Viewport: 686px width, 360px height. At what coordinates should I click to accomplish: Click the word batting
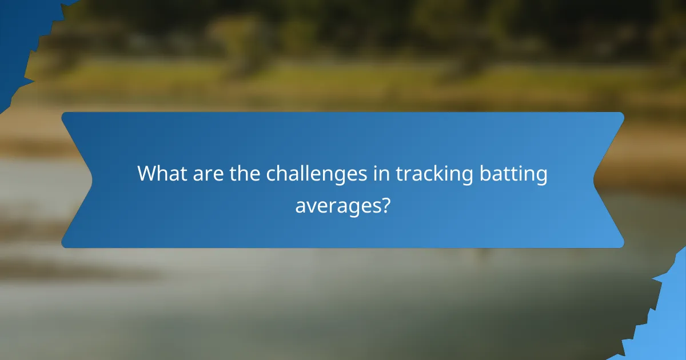pos(517,174)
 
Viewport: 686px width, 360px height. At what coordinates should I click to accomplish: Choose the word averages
pos(337,204)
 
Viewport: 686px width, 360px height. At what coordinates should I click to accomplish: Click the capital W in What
pos(147,174)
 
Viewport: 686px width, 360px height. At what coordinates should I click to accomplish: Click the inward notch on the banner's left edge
pos(91,180)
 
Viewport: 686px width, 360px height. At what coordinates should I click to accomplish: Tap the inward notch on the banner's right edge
pos(595,180)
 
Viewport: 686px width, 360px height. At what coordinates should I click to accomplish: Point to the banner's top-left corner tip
pos(62,113)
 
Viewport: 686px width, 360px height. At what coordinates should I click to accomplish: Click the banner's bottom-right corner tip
pos(623,247)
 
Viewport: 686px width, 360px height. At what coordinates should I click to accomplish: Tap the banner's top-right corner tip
pos(623,113)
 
